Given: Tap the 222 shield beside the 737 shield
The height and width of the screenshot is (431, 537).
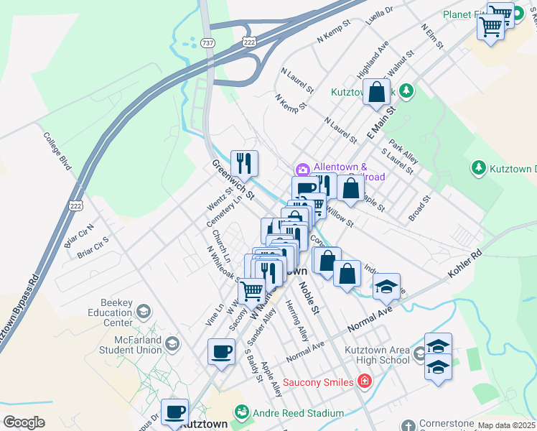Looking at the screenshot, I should click(x=248, y=42).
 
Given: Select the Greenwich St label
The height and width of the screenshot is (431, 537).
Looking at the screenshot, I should click(x=233, y=180).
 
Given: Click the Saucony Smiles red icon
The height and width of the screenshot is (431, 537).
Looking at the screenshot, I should click(x=365, y=381).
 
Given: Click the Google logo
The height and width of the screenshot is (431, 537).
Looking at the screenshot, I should click(x=24, y=422).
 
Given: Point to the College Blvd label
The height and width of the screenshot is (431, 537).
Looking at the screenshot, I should click(x=57, y=150).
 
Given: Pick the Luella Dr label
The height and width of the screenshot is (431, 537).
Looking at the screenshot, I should click(x=380, y=15).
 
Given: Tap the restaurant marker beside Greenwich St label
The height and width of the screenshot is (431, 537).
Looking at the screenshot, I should click(x=244, y=164).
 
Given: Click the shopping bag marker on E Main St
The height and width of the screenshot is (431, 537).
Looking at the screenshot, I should click(x=376, y=93).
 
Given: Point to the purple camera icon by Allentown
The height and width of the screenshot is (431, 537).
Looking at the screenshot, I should click(x=302, y=170).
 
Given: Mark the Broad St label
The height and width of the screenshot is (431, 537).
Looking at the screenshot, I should click(x=419, y=207).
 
